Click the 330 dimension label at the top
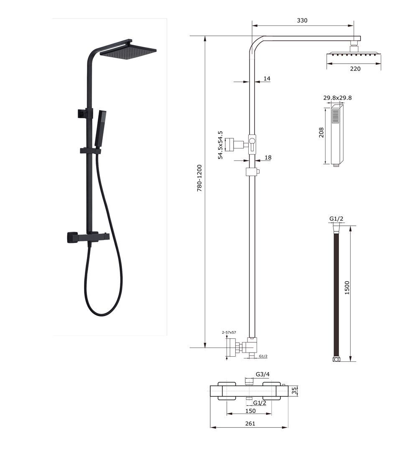[x=302, y=20]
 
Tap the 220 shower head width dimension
[x=355, y=69]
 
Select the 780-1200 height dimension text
[x=199, y=178]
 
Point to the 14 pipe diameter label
[x=267, y=78]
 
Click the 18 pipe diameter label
[x=268, y=157]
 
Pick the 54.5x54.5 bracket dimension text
[x=220, y=145]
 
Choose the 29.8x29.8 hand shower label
[x=337, y=98]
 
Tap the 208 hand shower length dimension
[x=321, y=133]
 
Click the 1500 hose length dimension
[x=347, y=288]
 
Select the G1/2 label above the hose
[x=336, y=219]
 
